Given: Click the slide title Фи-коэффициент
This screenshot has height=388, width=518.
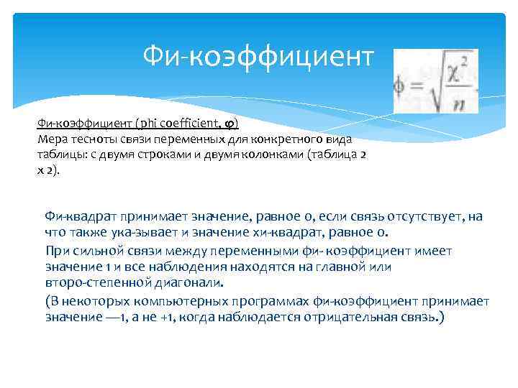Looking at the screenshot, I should (x=258, y=55).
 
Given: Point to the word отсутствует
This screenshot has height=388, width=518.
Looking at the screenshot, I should (x=422, y=216).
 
